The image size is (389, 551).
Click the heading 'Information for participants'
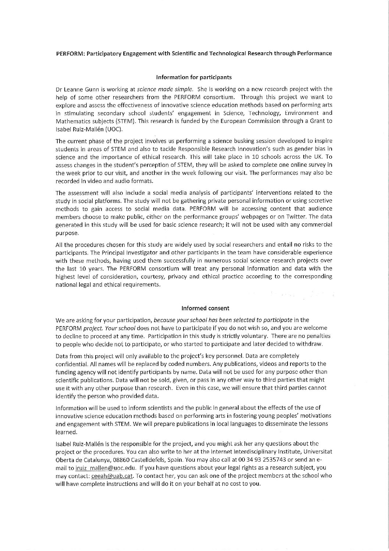pyautogui.click(x=194, y=77)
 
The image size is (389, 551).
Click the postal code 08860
pyautogui.click(x=135, y=460)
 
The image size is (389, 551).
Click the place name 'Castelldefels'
pyautogui.click(x=162, y=460)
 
